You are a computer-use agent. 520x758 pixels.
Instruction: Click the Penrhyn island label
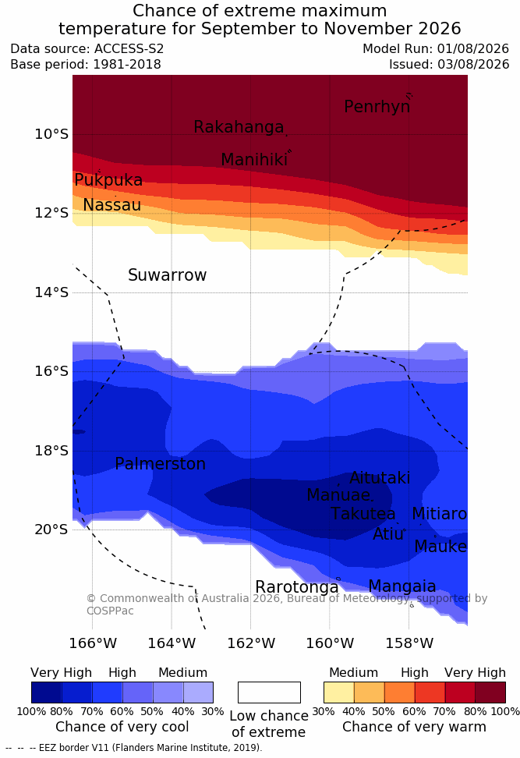tap(377, 107)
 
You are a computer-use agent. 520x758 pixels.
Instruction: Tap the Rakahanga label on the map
tap(239, 126)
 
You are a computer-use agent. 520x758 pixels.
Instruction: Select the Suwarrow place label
tap(167, 275)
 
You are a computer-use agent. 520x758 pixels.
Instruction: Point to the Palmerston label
tap(161, 464)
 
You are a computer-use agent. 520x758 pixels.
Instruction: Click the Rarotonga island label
tap(297, 587)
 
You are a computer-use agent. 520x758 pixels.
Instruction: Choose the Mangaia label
tap(402, 586)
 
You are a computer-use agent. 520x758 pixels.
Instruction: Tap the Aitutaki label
tap(380, 478)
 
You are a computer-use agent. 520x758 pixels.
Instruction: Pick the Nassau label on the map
tap(112, 205)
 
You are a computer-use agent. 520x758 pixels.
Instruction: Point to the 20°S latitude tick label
tap(51, 530)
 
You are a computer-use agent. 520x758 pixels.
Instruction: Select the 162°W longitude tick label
tap(251, 643)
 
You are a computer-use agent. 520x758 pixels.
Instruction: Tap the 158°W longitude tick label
tap(409, 643)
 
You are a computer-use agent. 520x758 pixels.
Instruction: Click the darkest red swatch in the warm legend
tap(490, 692)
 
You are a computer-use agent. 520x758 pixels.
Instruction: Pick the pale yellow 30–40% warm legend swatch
tap(339, 692)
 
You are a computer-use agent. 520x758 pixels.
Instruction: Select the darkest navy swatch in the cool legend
tap(47, 692)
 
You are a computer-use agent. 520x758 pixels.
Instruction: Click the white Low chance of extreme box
tap(269, 692)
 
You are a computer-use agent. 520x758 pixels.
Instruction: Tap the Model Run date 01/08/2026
tap(473, 49)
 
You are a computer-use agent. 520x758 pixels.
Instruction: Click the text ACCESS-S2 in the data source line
tap(129, 49)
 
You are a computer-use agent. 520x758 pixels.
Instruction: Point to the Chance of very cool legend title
tap(122, 727)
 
